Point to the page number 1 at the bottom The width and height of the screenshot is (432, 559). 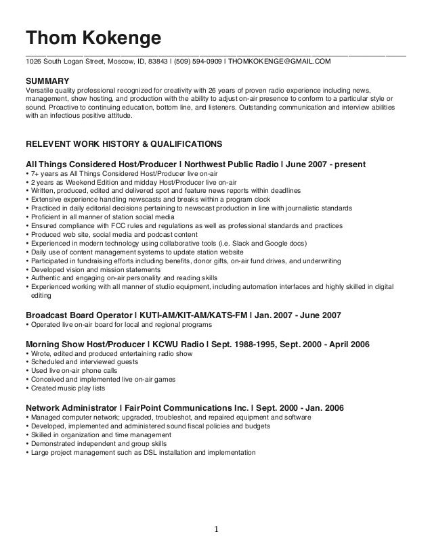216,529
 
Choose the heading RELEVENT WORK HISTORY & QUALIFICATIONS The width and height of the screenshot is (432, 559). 123,144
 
